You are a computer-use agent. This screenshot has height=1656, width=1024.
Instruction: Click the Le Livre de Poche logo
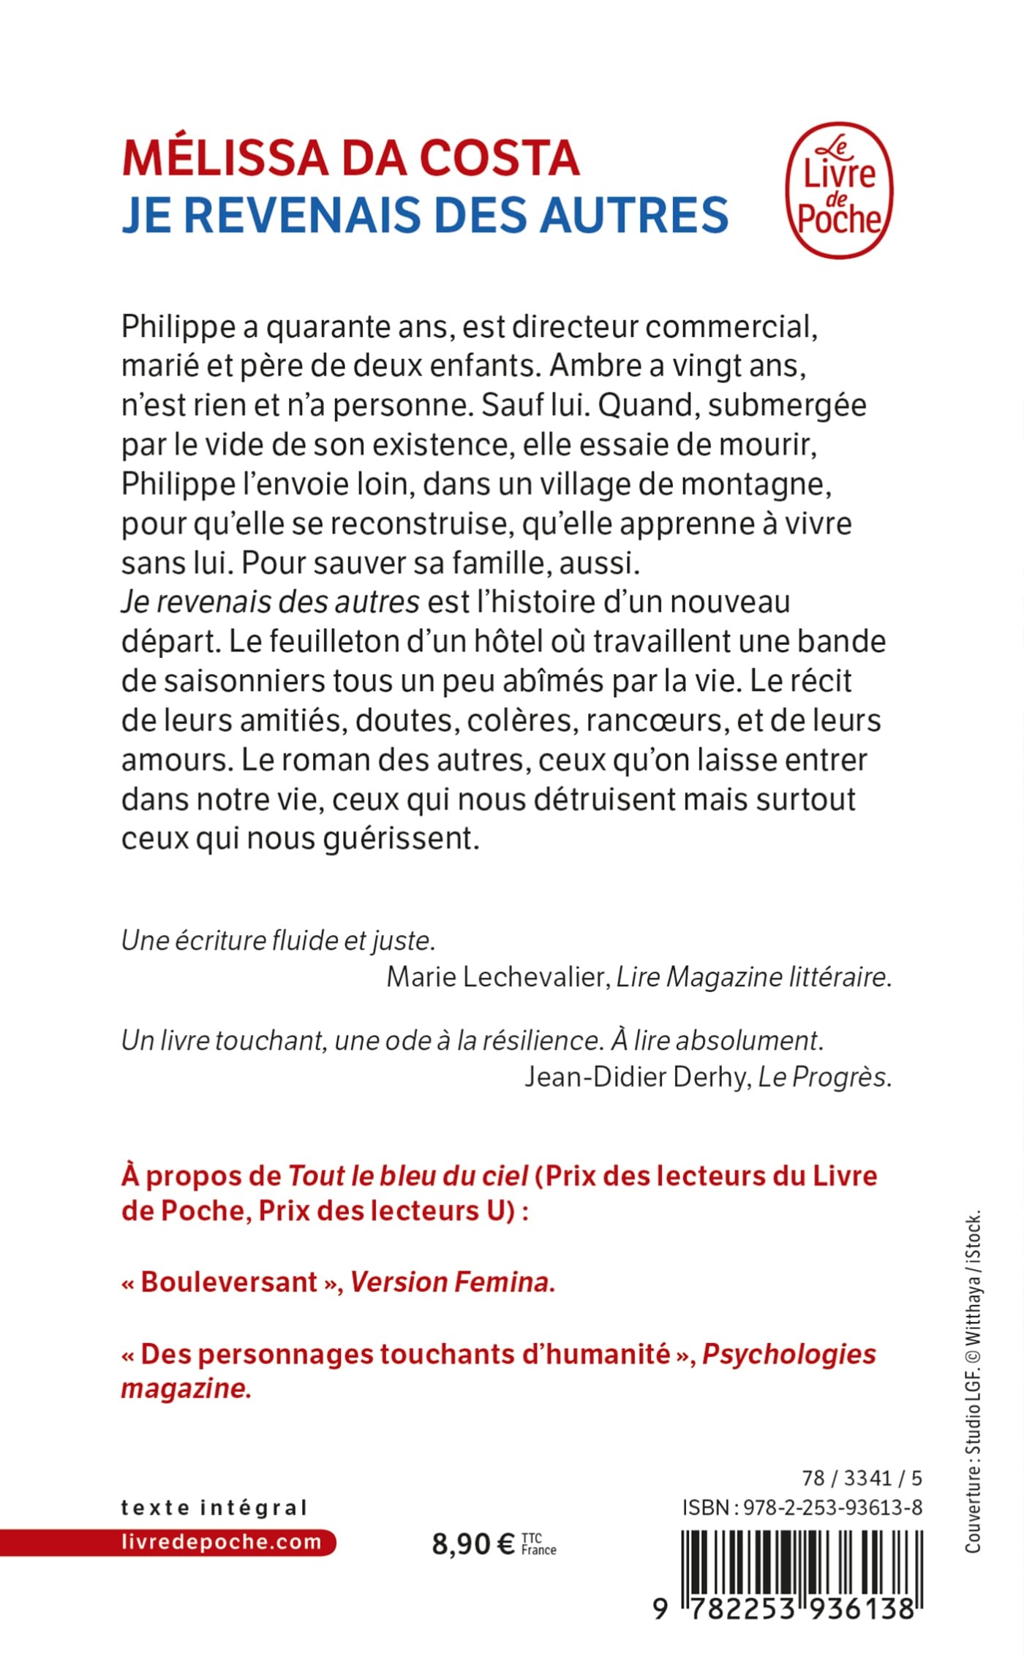[839, 190]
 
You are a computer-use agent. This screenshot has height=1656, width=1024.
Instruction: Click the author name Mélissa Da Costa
[350, 158]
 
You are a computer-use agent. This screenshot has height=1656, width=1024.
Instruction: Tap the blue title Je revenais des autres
[425, 215]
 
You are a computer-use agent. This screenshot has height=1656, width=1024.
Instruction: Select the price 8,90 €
[473, 1543]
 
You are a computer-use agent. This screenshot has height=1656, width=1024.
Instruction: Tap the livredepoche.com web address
[221, 1542]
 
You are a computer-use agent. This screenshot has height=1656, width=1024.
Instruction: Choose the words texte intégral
[214, 1507]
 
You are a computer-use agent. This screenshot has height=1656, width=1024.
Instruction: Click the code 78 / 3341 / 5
[862, 1478]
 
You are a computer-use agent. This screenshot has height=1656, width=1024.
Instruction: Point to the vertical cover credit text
[972, 1382]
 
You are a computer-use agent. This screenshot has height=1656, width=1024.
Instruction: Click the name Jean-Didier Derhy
[637, 1076]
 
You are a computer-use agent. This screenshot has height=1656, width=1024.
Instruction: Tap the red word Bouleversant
[229, 1282]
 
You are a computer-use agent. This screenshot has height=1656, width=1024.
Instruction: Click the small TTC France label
[538, 1544]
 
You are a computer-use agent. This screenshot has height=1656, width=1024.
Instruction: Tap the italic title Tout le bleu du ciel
[408, 1176]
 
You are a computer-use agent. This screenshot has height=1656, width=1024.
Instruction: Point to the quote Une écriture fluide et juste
[278, 940]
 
